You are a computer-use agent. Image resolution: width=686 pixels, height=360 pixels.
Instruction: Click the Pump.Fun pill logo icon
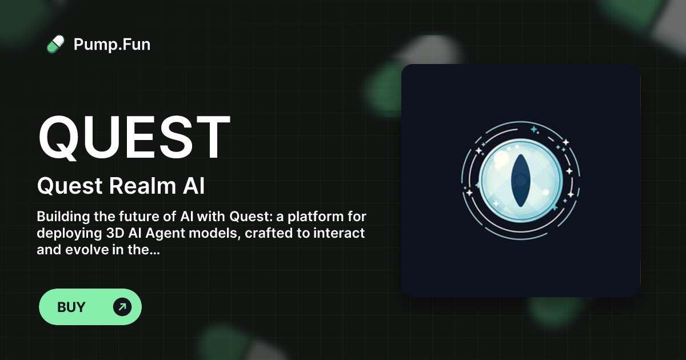pyautogui.click(x=55, y=44)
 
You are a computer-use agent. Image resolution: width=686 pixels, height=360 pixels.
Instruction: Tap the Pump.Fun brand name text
pyautogui.click(x=112, y=44)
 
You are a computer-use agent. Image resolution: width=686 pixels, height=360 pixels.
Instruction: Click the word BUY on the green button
pyautogui.click(x=71, y=307)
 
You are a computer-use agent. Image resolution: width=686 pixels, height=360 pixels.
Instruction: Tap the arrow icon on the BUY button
pyautogui.click(x=122, y=307)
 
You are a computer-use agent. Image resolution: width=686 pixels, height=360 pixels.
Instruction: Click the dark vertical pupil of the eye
pyautogui.click(x=520, y=180)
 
